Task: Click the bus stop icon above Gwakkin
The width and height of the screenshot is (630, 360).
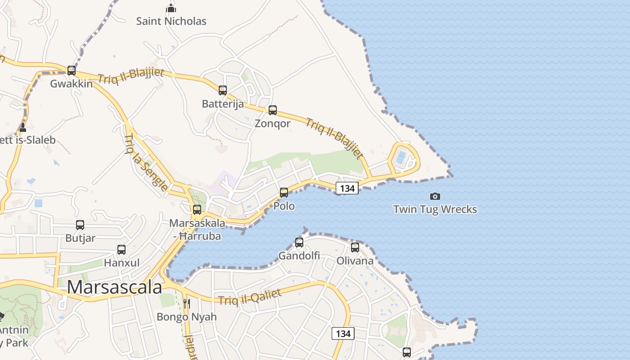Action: point(71,71)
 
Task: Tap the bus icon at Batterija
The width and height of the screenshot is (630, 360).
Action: point(222,90)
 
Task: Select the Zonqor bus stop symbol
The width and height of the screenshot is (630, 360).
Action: point(272,110)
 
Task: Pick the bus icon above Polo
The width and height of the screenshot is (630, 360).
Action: point(284,193)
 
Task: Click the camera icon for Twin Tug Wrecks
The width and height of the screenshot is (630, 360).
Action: point(435,196)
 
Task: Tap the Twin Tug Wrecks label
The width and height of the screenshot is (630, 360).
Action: point(435,209)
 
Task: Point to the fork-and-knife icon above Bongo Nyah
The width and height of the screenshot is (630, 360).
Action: point(187,304)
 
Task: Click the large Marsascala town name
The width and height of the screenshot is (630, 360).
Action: point(114,287)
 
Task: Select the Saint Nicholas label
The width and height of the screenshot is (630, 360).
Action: point(171,21)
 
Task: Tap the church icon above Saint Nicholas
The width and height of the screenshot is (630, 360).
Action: point(171,8)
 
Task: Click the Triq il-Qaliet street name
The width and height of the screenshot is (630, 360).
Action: point(250,297)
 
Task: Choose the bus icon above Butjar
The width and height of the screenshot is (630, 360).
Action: point(80,225)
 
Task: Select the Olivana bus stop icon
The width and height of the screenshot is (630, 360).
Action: point(355,247)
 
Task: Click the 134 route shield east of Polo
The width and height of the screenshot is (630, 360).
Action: point(347,188)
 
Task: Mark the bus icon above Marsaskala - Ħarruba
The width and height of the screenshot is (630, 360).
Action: point(197,210)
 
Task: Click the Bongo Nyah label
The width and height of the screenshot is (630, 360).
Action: point(187,317)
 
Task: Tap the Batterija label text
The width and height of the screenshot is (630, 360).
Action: point(223,104)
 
